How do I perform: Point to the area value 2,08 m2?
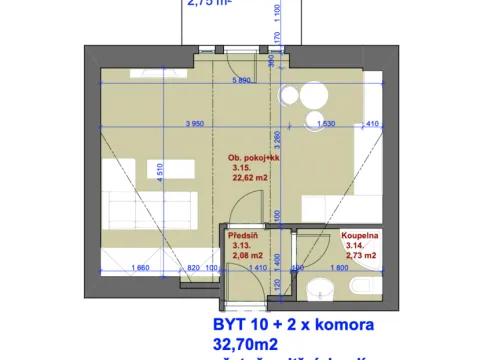pos(246,256)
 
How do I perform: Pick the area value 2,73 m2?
pos(359,256)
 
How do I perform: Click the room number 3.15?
pos(241,168)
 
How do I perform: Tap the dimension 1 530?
pos(326,124)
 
